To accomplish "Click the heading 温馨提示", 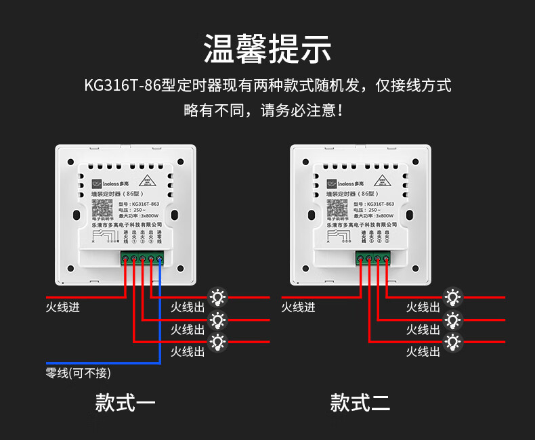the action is tap(267, 49).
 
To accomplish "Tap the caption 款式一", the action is tap(125, 403).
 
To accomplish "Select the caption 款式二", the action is tap(360, 403).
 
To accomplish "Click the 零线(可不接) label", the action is tap(78, 373).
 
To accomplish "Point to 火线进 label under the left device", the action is tap(62, 308).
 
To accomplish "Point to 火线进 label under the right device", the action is tap(298, 308).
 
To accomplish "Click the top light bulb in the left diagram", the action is tap(217, 296).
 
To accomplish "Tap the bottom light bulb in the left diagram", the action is tap(217, 342).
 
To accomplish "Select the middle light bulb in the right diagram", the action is tap(452, 319).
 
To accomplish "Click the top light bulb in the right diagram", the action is tap(452, 296).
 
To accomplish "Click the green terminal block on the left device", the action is tap(142, 257).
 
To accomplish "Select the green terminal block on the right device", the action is tap(373, 257).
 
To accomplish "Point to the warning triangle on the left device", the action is tap(148, 181).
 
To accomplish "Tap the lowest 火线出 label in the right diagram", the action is tap(423, 352).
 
